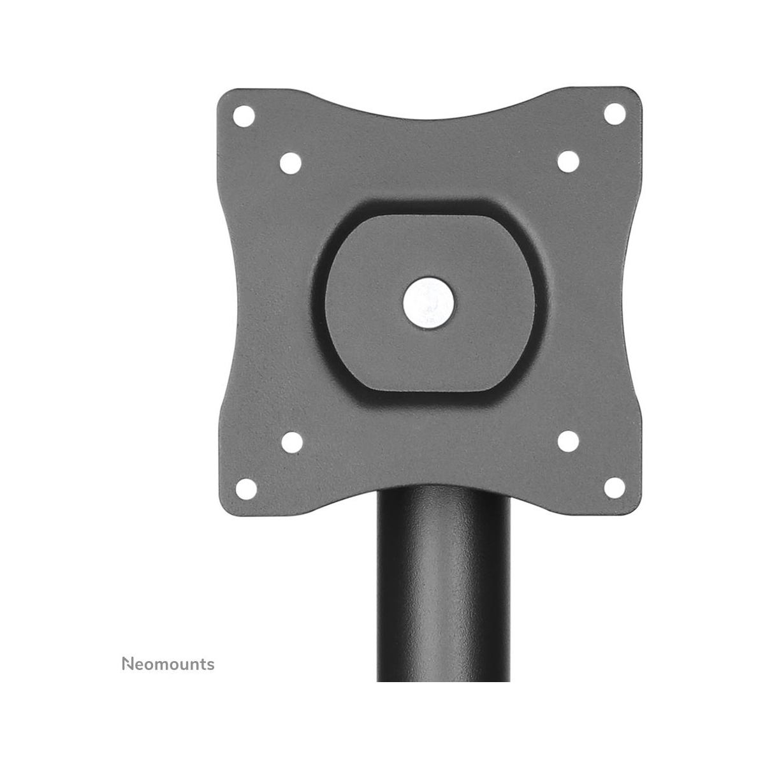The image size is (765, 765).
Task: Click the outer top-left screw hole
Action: point(244,116)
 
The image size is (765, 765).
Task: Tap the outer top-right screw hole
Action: point(615,114)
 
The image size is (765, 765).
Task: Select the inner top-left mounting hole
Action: point(291,163)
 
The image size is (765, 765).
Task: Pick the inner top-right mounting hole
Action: point(568,161)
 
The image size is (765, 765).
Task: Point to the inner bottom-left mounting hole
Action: point(292,442)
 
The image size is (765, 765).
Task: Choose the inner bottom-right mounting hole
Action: point(568,441)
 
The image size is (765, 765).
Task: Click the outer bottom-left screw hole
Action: point(246,489)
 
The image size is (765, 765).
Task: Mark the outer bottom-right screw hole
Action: point(614,488)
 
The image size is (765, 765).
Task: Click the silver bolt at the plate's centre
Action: point(429,303)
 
